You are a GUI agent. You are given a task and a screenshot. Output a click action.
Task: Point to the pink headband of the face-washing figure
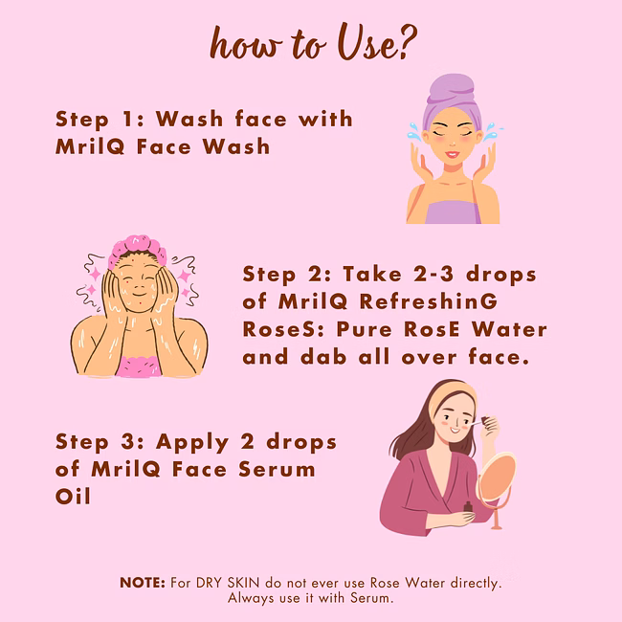coord(137,248)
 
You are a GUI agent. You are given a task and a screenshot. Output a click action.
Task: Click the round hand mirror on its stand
coord(497,478)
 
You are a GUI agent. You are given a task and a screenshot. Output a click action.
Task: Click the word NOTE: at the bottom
coord(143,583)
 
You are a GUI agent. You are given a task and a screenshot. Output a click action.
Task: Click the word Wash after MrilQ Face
coord(236,146)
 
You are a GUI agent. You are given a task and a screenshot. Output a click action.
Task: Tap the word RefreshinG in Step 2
coord(428,301)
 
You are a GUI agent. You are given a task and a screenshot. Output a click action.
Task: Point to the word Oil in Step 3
coord(73,497)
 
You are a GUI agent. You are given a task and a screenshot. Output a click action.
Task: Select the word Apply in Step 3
coord(192,443)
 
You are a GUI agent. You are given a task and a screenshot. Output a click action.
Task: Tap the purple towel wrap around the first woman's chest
coord(453,211)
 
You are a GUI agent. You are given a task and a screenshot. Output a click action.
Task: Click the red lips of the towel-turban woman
coord(452,154)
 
